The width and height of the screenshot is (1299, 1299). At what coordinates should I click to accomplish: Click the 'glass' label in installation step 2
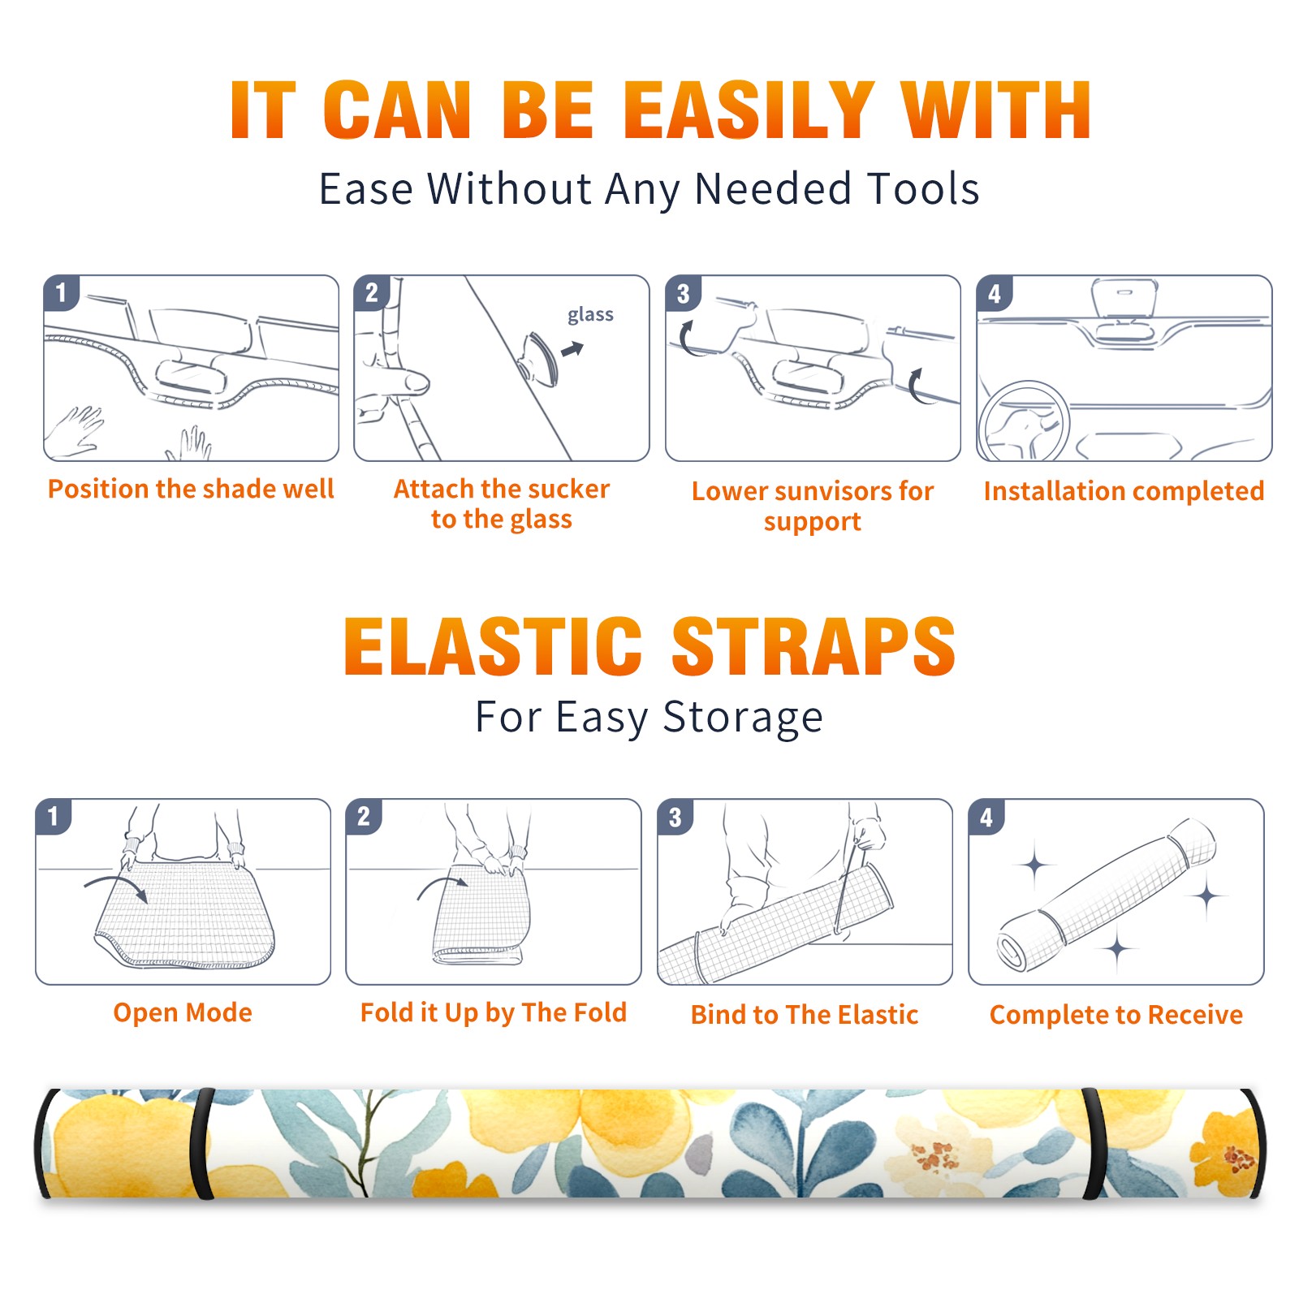(590, 315)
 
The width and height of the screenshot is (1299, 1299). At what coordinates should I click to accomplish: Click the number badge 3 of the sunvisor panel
(683, 294)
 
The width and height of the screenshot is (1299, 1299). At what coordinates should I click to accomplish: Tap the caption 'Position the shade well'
(191, 489)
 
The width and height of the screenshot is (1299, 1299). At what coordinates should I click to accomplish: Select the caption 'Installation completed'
(1124, 490)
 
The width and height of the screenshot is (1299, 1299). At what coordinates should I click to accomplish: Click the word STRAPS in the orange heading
(813, 646)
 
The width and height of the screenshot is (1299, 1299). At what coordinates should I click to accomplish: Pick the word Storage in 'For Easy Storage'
(743, 718)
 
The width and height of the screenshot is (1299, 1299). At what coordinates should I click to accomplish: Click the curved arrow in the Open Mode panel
(115, 887)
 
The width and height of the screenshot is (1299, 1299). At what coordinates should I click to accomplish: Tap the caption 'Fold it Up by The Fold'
(494, 1012)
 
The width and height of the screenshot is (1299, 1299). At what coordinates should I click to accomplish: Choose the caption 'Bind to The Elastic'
(805, 1015)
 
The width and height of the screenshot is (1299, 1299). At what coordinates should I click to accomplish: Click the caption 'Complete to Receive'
(1116, 1015)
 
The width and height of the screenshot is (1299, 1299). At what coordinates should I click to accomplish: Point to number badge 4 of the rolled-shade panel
(986, 817)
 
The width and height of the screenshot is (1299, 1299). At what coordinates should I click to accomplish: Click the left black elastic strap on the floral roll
(204, 1144)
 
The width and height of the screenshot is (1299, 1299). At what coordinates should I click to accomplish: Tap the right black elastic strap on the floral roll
(1094, 1144)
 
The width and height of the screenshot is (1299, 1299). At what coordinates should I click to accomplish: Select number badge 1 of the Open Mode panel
(53, 817)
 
